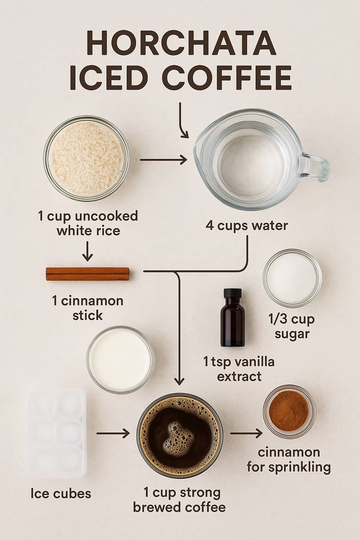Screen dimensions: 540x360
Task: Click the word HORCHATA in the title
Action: click(180, 43)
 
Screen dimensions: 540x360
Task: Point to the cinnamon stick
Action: click(88, 274)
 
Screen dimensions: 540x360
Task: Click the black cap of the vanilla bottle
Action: click(232, 293)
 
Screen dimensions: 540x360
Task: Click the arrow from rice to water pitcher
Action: click(163, 160)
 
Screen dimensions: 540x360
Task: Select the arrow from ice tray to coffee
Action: click(113, 433)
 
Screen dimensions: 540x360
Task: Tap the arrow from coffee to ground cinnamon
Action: click(246, 433)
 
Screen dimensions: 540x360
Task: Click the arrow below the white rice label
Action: click(87, 251)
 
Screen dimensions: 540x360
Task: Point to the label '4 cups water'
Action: click(246, 225)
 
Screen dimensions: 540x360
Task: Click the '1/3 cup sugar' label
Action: click(292, 326)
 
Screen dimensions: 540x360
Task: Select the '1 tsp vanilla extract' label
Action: click(239, 369)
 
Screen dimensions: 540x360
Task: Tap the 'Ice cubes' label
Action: click(60, 493)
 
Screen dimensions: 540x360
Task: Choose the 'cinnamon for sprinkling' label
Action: click(289, 459)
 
